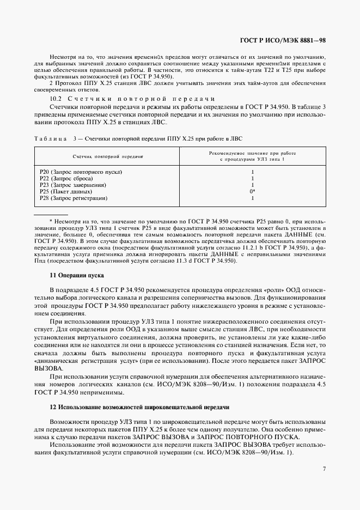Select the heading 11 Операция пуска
tap(74, 276)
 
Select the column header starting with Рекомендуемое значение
tap(253, 156)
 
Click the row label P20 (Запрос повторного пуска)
tap(81, 172)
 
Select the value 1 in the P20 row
tap(253, 172)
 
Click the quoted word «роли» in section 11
tap(272, 290)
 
